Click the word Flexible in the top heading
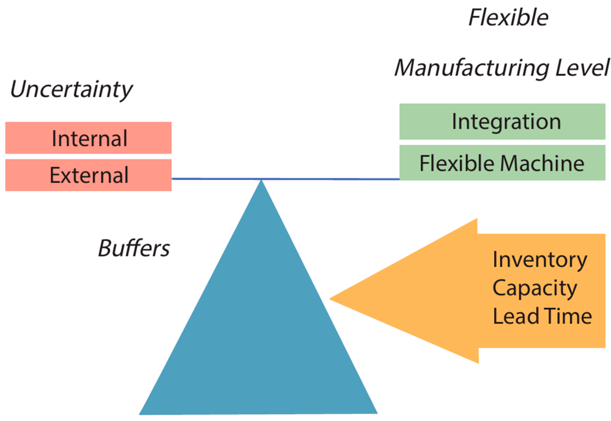[508, 17]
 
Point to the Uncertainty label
[71, 89]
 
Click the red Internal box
[88, 138]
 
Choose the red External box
[88, 175]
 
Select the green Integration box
[502, 122]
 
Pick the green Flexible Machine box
[502, 163]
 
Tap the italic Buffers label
[134, 248]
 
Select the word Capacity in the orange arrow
[535, 288]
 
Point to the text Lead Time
[542, 316]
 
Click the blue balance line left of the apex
[216, 179]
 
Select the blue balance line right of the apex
[331, 179]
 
